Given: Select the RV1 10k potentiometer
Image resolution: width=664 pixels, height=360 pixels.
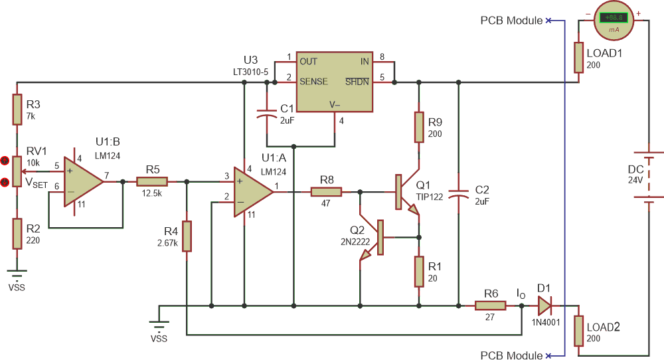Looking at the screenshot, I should pyautogui.click(x=17, y=171).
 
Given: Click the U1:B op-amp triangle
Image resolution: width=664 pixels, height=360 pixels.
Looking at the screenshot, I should pyautogui.click(x=82, y=181).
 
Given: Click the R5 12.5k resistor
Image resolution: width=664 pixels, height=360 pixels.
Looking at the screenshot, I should pyautogui.click(x=152, y=181).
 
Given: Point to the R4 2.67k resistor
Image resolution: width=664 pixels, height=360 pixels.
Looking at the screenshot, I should pyautogui.click(x=187, y=236).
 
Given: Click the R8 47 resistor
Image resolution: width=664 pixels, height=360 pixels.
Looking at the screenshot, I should pyautogui.click(x=326, y=192).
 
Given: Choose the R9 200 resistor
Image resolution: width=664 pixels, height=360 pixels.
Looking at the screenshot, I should pyautogui.click(x=419, y=127).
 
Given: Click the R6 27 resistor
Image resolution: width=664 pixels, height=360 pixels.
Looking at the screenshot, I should pyautogui.click(x=491, y=306).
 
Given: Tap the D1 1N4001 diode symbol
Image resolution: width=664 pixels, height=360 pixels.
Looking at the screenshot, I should pyautogui.click(x=544, y=306).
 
